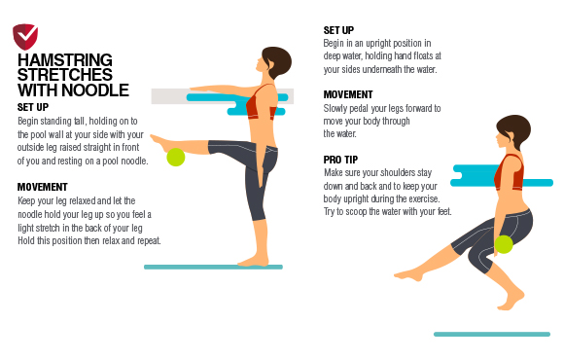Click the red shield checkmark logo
click(x=25, y=36)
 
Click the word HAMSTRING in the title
click(x=65, y=60)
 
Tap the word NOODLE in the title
click(x=95, y=90)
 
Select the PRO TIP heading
click(x=340, y=160)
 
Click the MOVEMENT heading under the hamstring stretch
click(x=43, y=187)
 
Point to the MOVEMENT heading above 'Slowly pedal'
click(x=348, y=94)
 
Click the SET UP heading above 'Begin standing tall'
click(x=33, y=107)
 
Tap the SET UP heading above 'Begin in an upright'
click(x=338, y=30)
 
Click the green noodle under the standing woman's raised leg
click(x=176, y=157)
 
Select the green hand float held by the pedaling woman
click(x=504, y=244)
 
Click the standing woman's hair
click(x=278, y=60)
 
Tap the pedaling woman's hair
click(x=515, y=129)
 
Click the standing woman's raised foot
click(x=159, y=143)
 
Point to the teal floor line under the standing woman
click(x=213, y=268)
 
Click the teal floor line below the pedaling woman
click(x=492, y=335)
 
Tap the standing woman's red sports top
click(x=262, y=104)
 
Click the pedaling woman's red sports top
click(x=509, y=173)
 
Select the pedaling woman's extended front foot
click(x=409, y=275)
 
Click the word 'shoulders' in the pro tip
click(x=397, y=173)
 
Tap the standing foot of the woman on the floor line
click(x=253, y=261)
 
